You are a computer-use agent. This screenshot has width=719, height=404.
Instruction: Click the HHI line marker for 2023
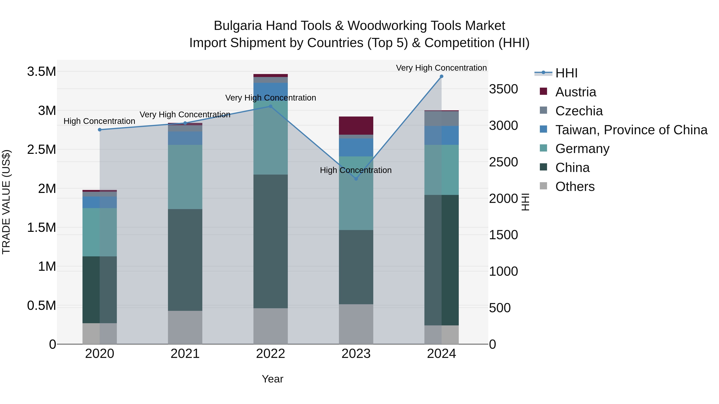(x=356, y=179)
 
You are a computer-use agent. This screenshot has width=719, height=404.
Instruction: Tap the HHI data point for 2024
(x=441, y=76)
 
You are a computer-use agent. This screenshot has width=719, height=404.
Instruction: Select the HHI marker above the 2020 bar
(x=100, y=130)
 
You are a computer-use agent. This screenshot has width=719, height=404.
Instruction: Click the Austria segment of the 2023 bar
(x=356, y=126)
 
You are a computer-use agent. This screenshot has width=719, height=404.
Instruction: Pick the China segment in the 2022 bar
(x=270, y=241)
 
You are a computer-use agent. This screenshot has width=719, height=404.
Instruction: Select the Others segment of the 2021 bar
(x=185, y=327)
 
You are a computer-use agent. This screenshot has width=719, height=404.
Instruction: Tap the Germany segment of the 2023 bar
(x=356, y=201)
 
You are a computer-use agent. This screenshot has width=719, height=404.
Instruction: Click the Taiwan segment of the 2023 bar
(x=356, y=147)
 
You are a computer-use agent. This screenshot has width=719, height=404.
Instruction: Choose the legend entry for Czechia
(x=579, y=111)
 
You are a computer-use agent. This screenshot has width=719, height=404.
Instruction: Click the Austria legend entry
(x=576, y=92)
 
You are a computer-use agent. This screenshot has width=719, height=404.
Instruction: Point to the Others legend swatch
(x=543, y=186)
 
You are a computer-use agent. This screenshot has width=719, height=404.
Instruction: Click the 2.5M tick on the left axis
(x=42, y=150)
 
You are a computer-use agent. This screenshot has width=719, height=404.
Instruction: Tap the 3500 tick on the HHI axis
(x=503, y=89)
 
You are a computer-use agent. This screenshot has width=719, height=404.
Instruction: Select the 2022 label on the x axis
(x=270, y=354)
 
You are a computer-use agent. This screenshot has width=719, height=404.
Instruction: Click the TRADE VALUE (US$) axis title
(x=6, y=202)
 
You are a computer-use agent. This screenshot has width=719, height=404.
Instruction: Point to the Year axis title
(x=272, y=379)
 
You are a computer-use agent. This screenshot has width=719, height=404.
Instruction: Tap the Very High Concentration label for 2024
(x=441, y=68)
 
